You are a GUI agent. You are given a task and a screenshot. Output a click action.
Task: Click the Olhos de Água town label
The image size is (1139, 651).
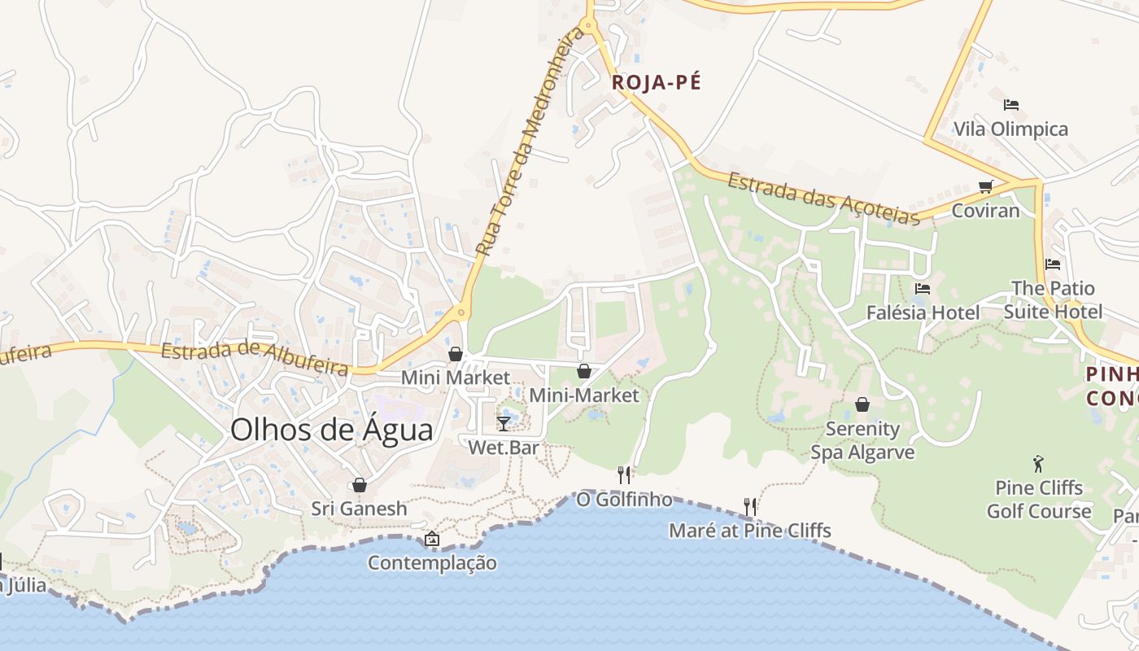[331, 430]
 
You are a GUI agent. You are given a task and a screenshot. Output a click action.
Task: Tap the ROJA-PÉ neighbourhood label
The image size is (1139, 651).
[656, 82]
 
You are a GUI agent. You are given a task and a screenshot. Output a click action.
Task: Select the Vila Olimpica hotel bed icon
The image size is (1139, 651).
[1011, 105]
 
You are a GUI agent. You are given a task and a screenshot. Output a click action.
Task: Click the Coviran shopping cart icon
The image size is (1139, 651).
[986, 186]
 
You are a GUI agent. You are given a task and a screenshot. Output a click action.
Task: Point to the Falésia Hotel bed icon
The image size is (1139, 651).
[922, 288]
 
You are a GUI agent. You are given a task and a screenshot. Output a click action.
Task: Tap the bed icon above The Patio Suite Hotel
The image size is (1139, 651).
[1052, 264]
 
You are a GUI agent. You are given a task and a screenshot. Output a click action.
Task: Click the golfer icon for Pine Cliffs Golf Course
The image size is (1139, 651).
[1038, 464]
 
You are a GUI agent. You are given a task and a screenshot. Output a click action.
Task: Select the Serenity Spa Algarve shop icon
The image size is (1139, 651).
[862, 404]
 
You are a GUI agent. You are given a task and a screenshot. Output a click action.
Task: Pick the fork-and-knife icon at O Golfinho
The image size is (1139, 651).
[624, 474]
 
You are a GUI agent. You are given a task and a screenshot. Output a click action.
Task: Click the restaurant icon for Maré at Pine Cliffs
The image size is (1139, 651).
[750, 506]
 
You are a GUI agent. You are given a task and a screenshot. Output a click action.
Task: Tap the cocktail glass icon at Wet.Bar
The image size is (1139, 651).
[504, 423]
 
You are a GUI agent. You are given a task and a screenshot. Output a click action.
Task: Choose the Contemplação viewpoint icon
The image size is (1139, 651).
[432, 539]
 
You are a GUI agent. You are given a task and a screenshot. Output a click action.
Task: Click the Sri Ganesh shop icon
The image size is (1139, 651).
[359, 485]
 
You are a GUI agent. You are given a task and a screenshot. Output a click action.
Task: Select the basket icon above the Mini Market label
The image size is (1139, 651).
[456, 354]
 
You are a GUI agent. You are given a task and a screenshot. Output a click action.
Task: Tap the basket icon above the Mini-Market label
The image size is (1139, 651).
[584, 372]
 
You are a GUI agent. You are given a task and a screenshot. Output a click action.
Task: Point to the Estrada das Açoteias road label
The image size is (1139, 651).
[823, 198]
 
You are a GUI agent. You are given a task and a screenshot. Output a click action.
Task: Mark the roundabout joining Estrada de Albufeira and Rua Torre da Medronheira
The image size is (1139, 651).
[461, 312]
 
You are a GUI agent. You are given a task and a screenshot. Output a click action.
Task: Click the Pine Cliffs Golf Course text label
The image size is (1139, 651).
[1039, 500]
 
